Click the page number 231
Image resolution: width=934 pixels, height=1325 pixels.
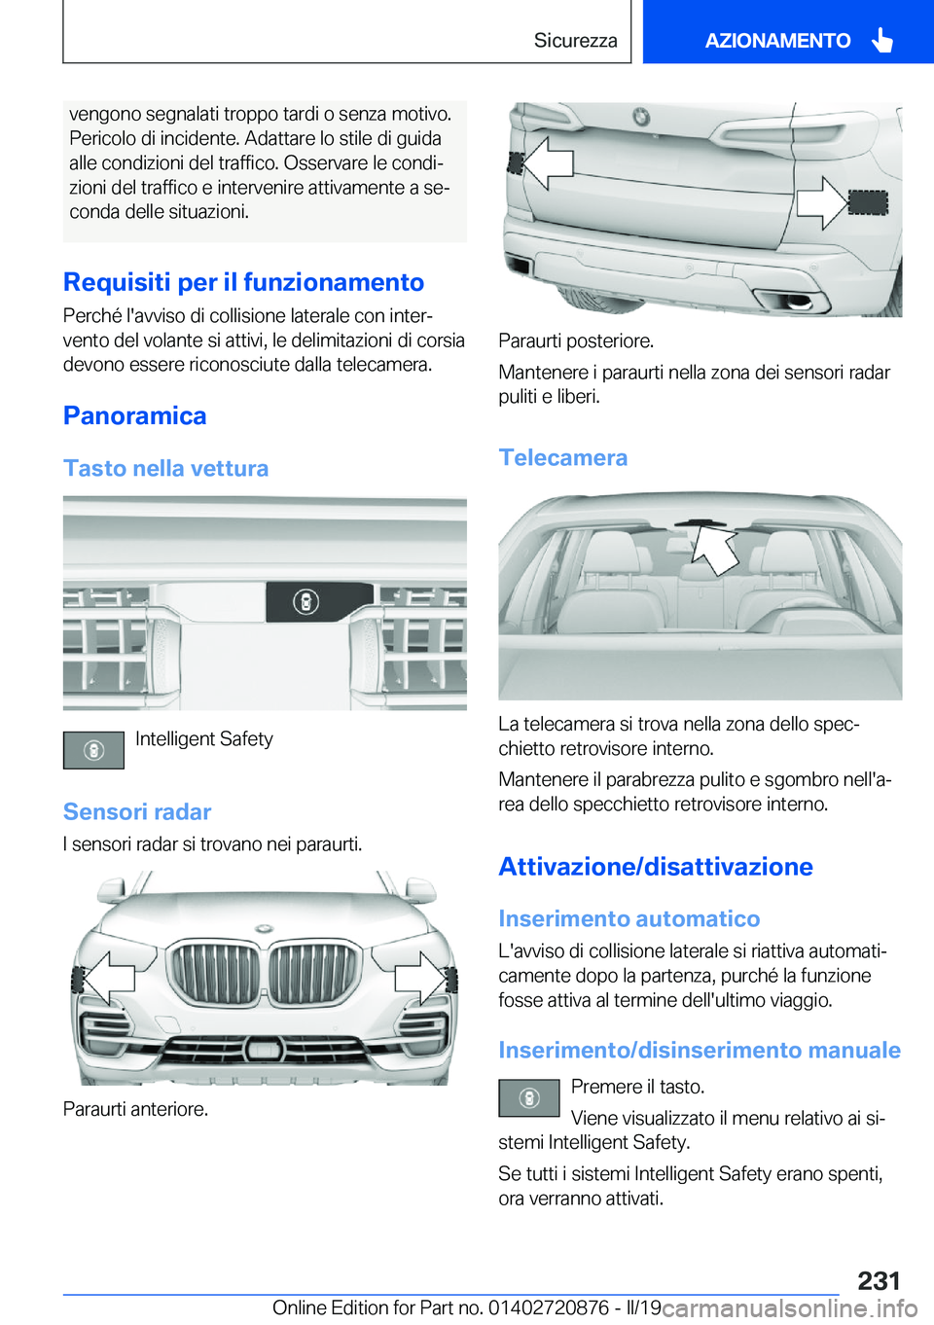click(879, 1280)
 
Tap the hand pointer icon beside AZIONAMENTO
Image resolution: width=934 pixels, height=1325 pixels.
click(881, 40)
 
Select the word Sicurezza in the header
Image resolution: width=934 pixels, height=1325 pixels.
click(575, 40)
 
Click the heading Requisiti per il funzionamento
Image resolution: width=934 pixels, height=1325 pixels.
click(243, 282)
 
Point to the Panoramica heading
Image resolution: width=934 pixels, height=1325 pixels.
click(135, 415)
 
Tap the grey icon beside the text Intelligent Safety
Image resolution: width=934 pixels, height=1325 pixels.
click(93, 750)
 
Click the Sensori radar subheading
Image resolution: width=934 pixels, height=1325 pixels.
click(137, 811)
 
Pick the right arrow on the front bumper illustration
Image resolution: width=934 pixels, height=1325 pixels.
click(420, 979)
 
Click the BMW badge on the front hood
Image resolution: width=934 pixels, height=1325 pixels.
click(266, 928)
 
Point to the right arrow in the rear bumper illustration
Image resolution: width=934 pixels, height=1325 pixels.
click(823, 203)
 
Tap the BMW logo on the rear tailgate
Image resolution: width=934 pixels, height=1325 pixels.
click(641, 117)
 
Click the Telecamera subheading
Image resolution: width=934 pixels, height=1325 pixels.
click(563, 457)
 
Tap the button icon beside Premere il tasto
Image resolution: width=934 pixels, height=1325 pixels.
click(529, 1098)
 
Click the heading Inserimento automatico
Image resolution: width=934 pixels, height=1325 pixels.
click(629, 918)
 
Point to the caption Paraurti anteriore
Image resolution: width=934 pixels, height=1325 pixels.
click(135, 1108)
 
